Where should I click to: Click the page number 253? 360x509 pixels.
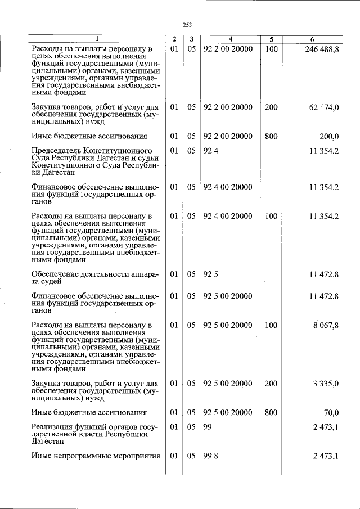[x=187, y=24]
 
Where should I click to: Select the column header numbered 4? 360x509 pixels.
[x=231, y=39]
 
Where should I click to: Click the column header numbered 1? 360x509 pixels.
[x=96, y=39]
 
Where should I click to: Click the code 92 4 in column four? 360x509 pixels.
[x=210, y=151]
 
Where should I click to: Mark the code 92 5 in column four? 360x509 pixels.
[x=210, y=274]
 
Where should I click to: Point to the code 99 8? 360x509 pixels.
[x=210, y=456]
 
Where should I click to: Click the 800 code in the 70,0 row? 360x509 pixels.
[x=271, y=412]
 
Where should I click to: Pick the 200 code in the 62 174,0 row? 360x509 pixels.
[x=271, y=107]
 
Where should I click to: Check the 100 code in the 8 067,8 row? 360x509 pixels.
[x=271, y=326]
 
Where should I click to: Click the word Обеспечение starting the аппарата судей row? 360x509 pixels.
[x=57, y=274]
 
